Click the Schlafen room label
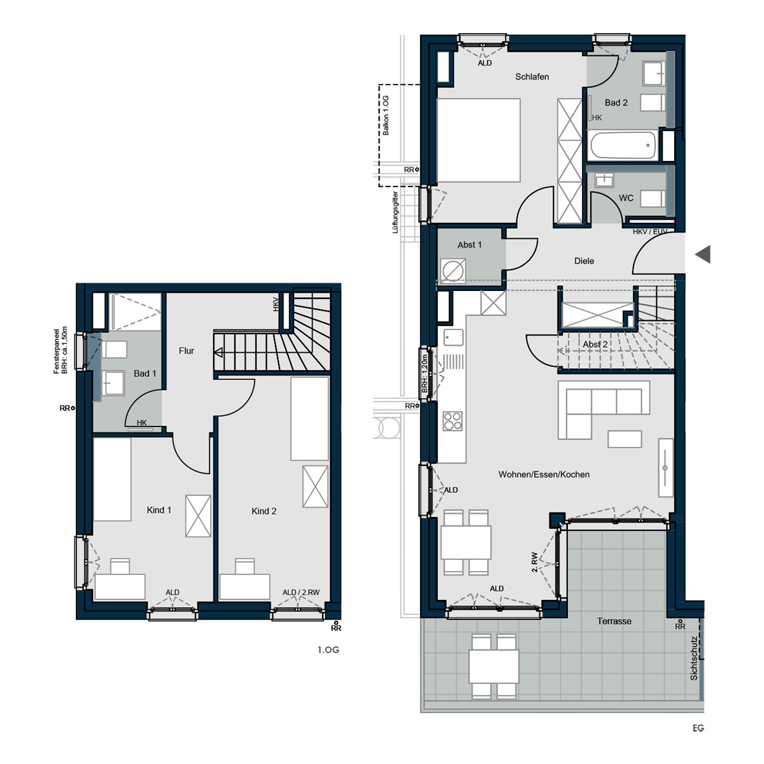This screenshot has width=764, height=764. click(532, 76)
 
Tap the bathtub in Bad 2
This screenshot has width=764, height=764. click(623, 146)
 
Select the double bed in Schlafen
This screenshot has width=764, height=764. click(478, 141)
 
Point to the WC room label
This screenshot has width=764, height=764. click(626, 198)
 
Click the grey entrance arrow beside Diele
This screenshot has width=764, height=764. click(702, 254)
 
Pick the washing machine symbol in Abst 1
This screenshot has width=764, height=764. click(452, 271)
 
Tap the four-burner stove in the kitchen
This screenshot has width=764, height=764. click(453, 421)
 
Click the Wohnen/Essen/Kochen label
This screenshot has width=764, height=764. click(544, 474)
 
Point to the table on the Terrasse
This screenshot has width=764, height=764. click(493, 666)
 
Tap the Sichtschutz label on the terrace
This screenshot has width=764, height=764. click(694, 658)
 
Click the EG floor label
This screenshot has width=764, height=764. click(698, 728)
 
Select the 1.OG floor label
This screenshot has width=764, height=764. click(328, 650)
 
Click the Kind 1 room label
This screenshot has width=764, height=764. click(159, 510)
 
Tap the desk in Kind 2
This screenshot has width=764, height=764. click(244, 586)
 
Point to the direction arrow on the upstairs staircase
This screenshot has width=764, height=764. click(218, 352)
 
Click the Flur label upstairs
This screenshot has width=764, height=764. click(187, 351)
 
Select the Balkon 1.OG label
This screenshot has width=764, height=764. click(386, 115)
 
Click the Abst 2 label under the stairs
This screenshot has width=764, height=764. click(595, 344)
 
